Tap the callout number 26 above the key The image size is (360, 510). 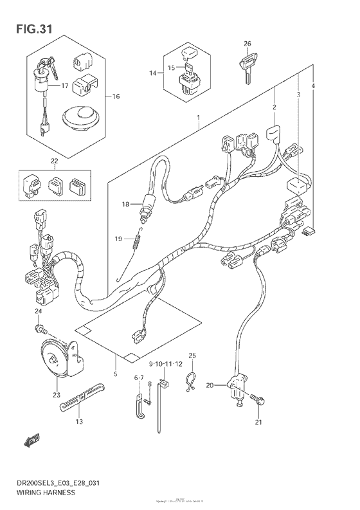tap(247, 44)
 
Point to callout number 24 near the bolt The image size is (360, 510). tap(38, 311)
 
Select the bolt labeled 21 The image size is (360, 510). tap(258, 399)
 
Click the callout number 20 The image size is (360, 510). tap(209, 386)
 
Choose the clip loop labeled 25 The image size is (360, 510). tap(190, 381)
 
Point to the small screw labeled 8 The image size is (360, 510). tap(148, 403)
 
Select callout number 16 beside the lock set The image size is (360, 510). tap(116, 97)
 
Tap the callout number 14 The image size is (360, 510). tap(153, 74)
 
